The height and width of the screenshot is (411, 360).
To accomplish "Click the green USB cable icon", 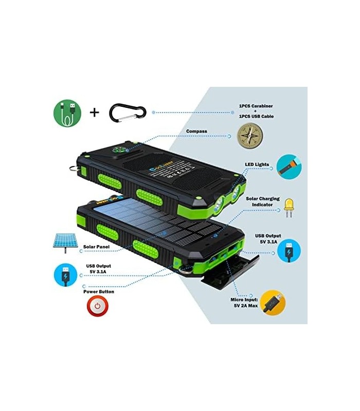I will click(68, 113).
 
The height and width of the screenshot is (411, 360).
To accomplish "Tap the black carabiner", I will click(128, 111).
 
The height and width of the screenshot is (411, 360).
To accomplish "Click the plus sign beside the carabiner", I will click(95, 112).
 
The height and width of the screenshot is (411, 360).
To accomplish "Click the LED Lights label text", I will click(259, 165).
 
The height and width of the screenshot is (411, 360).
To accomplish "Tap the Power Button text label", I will click(99, 291).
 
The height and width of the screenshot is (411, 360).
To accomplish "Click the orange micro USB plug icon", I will click(272, 303).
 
